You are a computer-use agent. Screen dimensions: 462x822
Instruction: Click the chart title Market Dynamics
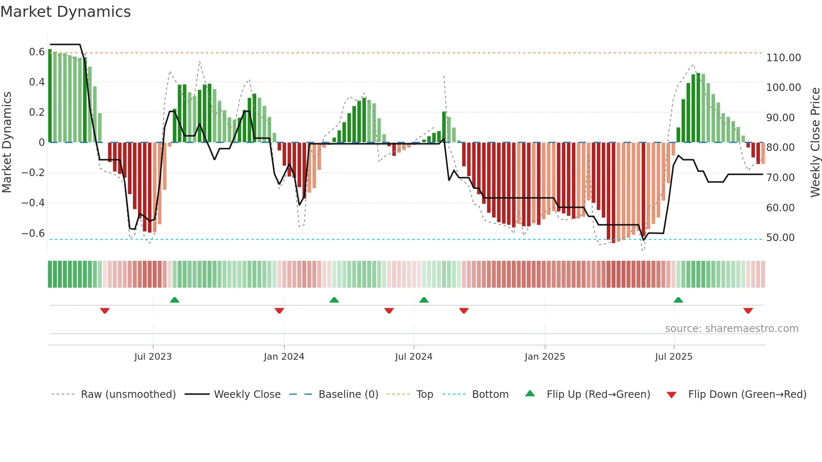(65, 12)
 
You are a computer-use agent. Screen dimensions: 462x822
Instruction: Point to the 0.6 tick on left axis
(36, 52)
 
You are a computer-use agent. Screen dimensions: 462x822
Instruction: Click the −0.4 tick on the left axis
(33, 203)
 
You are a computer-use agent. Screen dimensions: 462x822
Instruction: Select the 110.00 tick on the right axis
(783, 58)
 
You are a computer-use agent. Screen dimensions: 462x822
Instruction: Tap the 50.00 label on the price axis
(780, 238)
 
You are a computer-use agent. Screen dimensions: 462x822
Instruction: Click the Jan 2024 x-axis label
(284, 357)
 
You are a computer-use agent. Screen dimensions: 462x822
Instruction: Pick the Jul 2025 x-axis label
(674, 357)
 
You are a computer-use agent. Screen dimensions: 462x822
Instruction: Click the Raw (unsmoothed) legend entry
(128, 395)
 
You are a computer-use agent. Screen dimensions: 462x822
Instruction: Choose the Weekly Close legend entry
(247, 395)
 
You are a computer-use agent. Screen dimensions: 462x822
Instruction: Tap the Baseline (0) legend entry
(348, 395)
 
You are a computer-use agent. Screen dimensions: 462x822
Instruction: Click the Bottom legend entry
(490, 395)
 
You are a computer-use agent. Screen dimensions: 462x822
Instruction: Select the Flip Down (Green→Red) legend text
(747, 395)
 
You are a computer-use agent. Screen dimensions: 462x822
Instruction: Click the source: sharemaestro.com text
(731, 329)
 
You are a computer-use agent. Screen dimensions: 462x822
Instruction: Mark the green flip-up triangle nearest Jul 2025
(678, 300)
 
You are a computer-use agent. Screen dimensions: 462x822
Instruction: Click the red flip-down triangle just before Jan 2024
(279, 311)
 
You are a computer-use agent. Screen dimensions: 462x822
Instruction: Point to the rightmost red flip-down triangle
(748, 311)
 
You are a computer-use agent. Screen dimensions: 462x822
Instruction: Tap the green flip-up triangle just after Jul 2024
(424, 300)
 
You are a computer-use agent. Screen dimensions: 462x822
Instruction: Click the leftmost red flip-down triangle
(105, 311)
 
